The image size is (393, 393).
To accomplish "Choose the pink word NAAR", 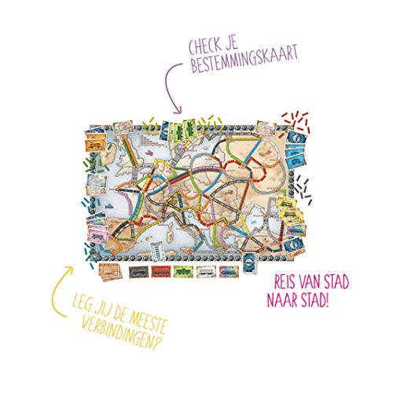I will pos(288,299).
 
